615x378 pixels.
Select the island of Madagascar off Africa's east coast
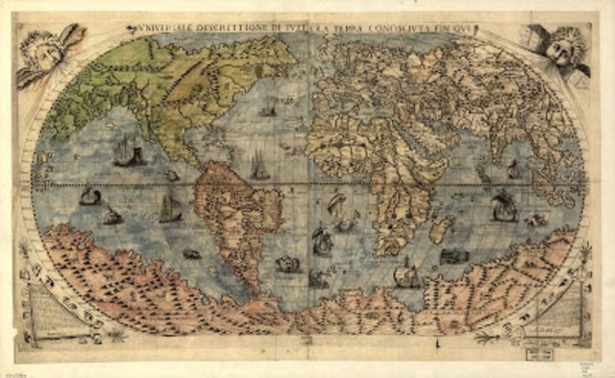coord(441,228)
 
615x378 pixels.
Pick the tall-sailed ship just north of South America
coord(259,165)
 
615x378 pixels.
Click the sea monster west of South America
coord(190,253)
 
